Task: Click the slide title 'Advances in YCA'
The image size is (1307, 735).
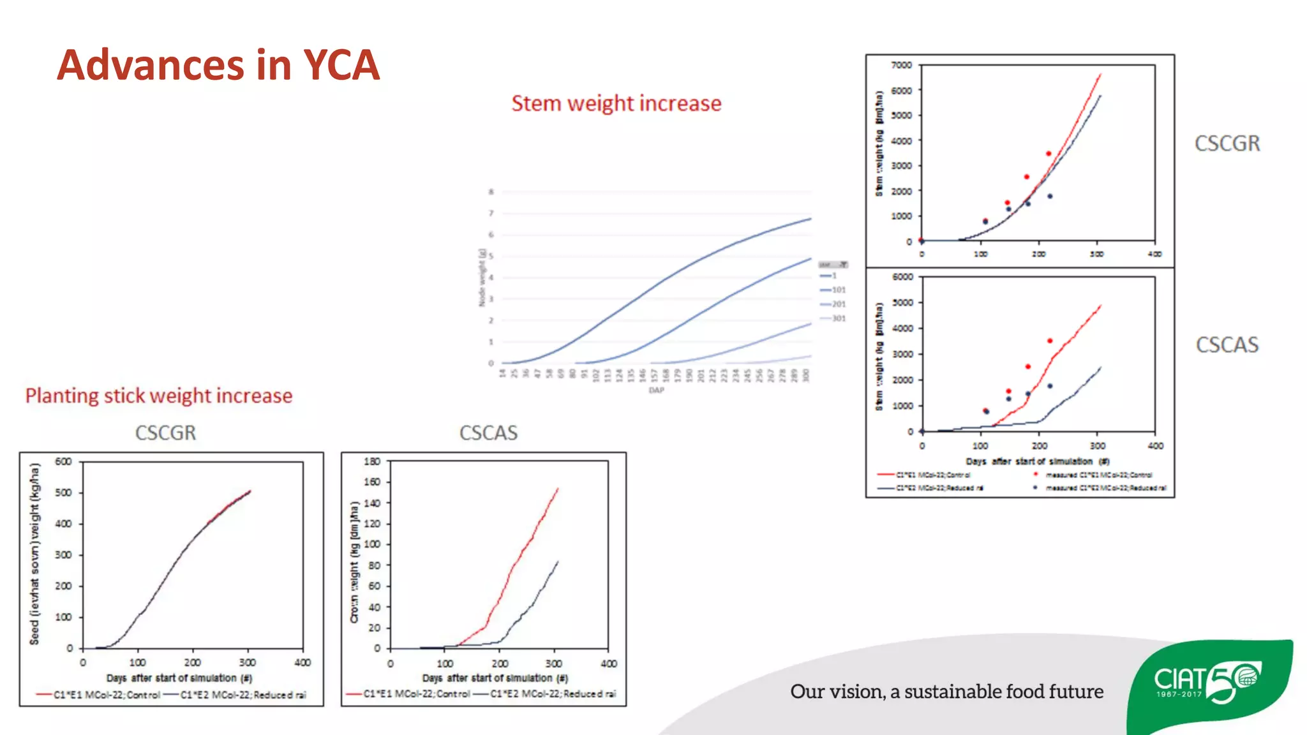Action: tap(218, 65)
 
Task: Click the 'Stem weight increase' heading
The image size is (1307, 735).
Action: tap(616, 103)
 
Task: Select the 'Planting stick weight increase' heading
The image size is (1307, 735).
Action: tap(159, 396)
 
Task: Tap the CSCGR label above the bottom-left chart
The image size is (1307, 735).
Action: tap(165, 433)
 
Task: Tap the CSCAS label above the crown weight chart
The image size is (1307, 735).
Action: tap(488, 433)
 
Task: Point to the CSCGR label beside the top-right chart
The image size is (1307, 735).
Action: tap(1227, 144)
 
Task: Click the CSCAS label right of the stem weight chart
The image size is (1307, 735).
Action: tap(1227, 345)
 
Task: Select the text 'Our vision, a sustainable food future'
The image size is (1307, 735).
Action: tap(946, 692)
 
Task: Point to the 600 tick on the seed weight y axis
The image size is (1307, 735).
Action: tap(63, 461)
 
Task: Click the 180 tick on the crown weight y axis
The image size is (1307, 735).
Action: tap(371, 461)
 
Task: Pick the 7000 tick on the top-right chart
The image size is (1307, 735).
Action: tap(901, 65)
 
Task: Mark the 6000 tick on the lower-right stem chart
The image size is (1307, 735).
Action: tap(902, 277)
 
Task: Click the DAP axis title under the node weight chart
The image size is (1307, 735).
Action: tap(656, 390)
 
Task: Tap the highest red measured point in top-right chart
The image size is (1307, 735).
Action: tap(1049, 154)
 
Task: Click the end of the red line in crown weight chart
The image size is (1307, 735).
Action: tap(558, 489)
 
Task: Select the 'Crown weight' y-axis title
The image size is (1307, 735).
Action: tap(354, 562)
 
